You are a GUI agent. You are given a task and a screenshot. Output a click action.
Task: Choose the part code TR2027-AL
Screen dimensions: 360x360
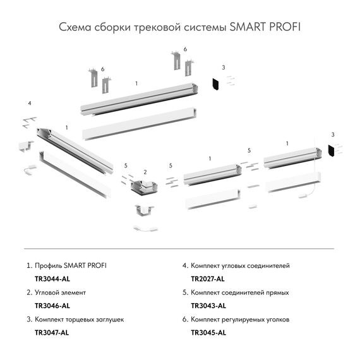click(x=208, y=279)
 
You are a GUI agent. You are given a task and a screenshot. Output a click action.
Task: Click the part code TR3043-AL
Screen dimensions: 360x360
click(x=208, y=306)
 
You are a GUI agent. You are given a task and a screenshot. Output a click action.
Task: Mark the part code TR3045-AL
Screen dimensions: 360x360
click(x=208, y=332)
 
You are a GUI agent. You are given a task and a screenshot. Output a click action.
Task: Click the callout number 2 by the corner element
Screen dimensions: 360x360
click(x=145, y=172)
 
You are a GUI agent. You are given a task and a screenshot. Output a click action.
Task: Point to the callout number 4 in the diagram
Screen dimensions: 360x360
click(x=29, y=102)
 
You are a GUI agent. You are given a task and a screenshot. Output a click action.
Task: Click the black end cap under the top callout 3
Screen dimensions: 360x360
click(x=215, y=84)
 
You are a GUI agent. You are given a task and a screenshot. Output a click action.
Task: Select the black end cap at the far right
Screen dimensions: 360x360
click(x=332, y=151)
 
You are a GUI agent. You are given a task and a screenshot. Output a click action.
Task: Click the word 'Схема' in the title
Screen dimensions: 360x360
click(x=74, y=28)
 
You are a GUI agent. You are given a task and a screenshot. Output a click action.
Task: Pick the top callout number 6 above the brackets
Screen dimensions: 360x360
click(x=185, y=49)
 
